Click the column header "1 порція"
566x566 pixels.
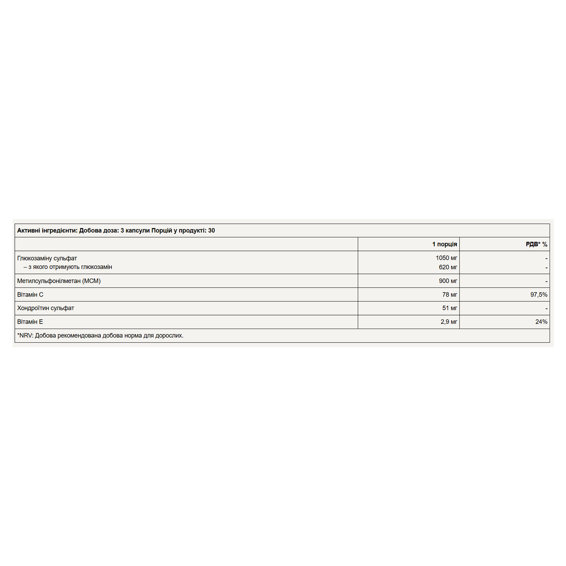[444, 244]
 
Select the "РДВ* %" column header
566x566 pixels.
[536, 244]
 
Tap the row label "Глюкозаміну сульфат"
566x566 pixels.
[47, 258]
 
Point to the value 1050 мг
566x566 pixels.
[446, 258]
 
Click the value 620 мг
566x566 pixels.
[448, 267]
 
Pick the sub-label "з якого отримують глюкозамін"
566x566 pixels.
[70, 267]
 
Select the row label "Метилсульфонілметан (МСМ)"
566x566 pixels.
[59, 281]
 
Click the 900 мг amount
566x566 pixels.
[448, 281]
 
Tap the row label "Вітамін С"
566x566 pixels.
[30, 295]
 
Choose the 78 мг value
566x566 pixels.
[449, 295]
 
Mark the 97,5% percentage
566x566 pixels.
[539, 295]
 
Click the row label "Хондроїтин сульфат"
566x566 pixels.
[46, 308]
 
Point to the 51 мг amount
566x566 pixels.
[449, 308]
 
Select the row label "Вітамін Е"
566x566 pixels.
[30, 322]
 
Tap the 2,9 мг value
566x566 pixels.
[449, 322]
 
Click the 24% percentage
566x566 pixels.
[541, 322]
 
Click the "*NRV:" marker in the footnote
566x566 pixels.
[25, 336]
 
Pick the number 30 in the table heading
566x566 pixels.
[211, 230]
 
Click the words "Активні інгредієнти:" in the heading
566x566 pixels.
[47, 230]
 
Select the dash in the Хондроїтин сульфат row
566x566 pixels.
[546, 308]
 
